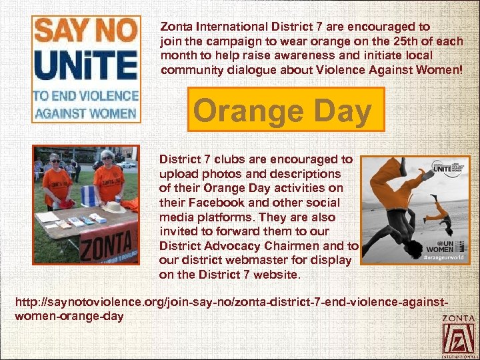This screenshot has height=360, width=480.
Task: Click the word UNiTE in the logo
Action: tap(85, 65)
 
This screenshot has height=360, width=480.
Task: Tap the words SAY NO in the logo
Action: tap(85, 31)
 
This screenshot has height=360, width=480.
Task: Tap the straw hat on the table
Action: tap(113, 208)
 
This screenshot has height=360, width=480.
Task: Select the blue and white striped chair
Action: tap(88, 196)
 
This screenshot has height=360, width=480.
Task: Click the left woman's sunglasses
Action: tap(55, 162)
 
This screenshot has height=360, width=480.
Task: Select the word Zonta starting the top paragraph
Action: tap(175, 27)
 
